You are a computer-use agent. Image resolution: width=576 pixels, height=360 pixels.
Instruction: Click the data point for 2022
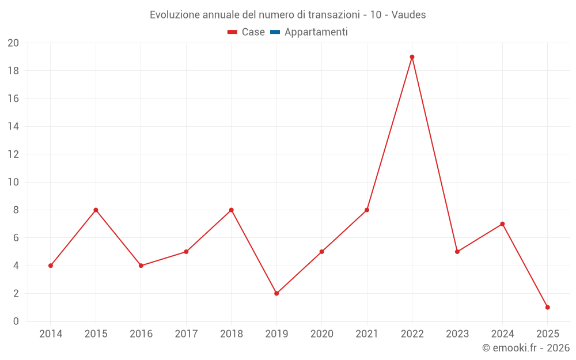pos(412,57)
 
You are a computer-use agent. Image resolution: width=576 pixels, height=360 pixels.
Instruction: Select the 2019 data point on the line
pos(276,293)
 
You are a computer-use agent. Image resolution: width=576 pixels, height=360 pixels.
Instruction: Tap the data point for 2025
pos(547,307)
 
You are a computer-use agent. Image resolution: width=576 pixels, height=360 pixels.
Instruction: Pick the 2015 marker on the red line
pos(96,210)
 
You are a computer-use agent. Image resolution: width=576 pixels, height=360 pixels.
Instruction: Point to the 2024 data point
pos(502,223)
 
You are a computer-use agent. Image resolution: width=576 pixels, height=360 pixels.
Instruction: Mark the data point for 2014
pos(51,266)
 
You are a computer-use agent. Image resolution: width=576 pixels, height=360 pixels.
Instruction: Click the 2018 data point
pos(231,210)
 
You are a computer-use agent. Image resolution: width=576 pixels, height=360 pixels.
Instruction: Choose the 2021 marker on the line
pos(367,210)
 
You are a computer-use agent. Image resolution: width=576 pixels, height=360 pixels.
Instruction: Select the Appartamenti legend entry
pos(316,32)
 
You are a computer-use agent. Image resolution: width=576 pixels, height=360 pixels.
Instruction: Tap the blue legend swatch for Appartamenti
pos(275,32)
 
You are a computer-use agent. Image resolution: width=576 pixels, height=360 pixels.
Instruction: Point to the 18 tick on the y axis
pos(13,71)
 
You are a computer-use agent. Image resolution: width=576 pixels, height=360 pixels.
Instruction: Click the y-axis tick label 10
pos(13,182)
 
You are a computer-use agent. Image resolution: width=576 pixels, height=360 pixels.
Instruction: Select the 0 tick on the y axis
pos(16,321)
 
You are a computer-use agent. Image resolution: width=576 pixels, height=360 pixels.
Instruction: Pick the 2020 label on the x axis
pos(321,334)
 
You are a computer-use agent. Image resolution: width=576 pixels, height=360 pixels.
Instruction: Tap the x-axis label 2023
pos(457,334)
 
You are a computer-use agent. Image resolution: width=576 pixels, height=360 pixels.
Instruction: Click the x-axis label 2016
pos(141,334)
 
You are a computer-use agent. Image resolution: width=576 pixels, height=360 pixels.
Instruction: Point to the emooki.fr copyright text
pos(526,348)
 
